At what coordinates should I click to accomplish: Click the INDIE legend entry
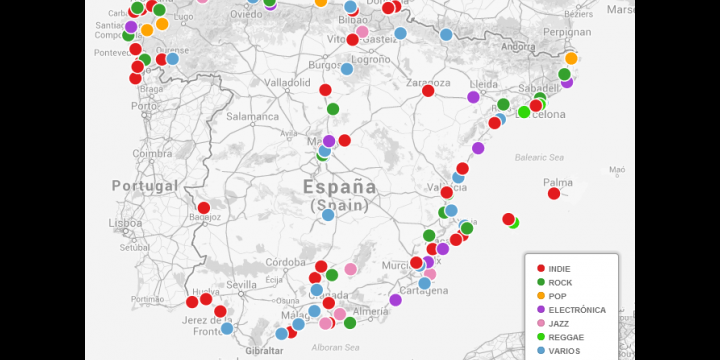560,268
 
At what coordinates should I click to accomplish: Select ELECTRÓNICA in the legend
577,310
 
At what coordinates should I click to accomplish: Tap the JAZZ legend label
560,324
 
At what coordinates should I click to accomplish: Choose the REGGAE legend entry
565,338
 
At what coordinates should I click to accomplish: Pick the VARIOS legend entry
564,352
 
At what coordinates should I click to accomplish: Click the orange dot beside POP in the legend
541,296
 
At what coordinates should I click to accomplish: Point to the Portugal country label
144,186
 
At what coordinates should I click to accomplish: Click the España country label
339,187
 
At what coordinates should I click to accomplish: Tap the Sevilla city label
242,285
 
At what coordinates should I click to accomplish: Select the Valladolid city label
287,82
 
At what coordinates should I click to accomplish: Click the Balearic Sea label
539,157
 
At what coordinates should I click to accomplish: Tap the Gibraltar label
263,352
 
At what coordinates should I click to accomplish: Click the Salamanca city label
252,116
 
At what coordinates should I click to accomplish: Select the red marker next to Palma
554,193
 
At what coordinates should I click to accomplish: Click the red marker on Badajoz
204,208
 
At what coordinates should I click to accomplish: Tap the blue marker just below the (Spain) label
328,215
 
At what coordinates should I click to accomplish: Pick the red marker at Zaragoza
428,91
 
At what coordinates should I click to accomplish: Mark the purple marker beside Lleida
473,97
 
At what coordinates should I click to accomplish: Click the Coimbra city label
152,153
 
